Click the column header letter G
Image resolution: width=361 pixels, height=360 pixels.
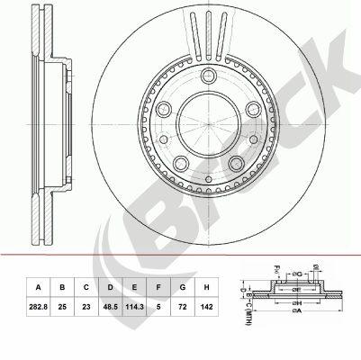coord(184,288)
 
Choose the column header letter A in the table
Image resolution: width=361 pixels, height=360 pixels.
coord(36,288)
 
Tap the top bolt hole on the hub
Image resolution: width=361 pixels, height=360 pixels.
coord(208,76)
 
